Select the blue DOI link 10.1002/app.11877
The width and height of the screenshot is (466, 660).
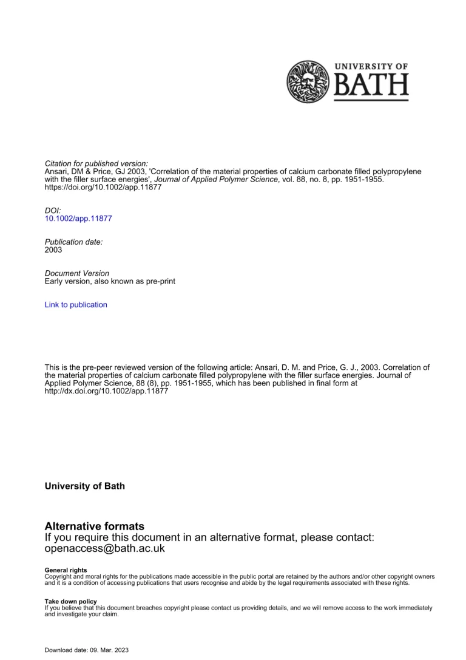(78, 218)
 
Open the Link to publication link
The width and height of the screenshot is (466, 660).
(76, 305)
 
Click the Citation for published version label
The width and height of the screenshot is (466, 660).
(96, 163)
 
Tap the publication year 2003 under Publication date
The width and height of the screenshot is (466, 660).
(53, 250)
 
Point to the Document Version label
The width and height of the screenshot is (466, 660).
(77, 273)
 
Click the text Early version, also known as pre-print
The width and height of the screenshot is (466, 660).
(110, 282)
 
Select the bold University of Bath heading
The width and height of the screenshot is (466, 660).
(85, 486)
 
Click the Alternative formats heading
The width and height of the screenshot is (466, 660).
(95, 526)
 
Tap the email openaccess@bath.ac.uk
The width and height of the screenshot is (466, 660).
(105, 548)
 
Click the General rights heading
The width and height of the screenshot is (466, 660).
(66, 570)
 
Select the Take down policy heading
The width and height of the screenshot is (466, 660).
(70, 601)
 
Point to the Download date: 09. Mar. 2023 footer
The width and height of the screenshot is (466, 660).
(87, 650)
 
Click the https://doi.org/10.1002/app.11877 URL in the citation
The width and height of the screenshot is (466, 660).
(103, 188)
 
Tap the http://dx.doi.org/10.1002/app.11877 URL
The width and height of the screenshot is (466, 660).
(107, 392)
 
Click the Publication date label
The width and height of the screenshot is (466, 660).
(74, 242)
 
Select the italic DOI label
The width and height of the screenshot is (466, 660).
(53, 210)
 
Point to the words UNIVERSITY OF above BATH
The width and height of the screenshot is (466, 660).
(371, 66)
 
